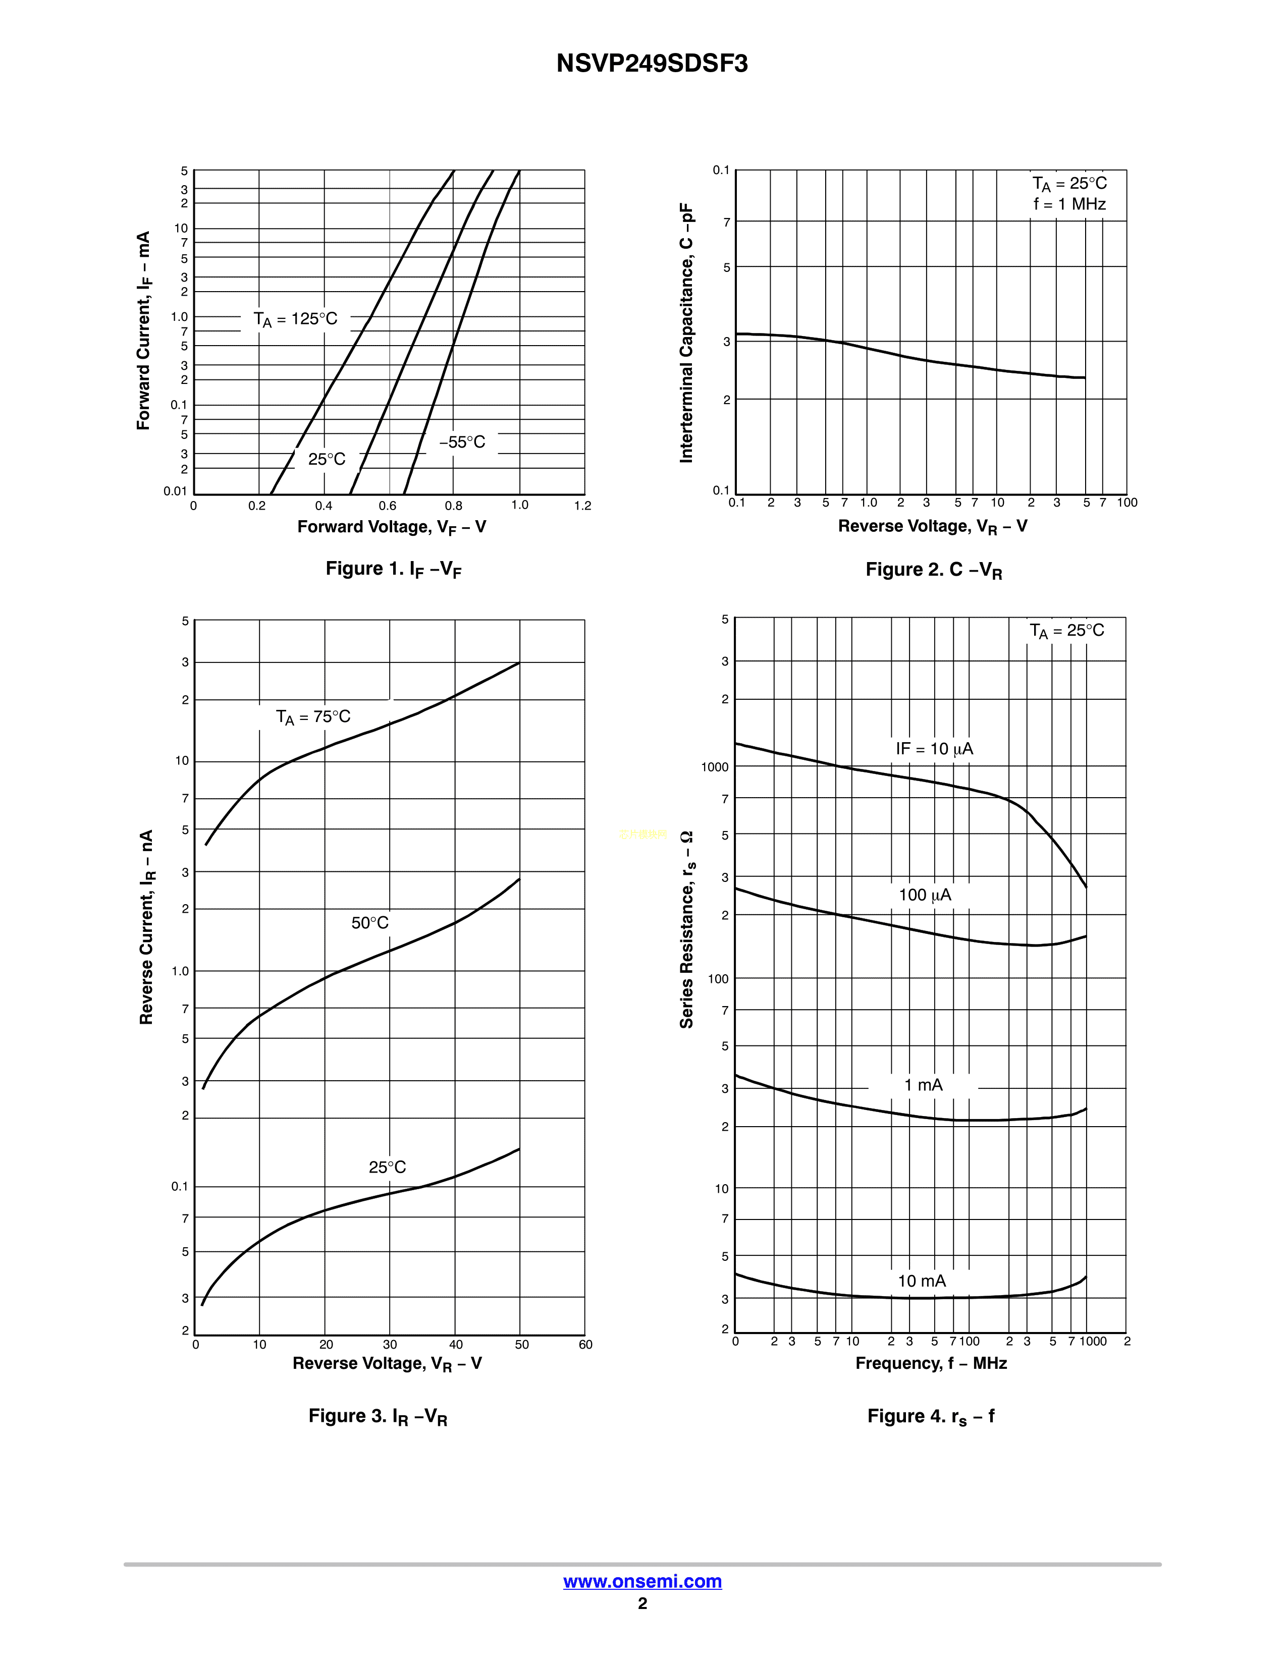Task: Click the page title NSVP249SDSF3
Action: (652, 63)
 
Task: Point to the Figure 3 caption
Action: (378, 1416)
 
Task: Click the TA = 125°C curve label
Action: (295, 319)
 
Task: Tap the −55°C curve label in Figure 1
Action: (461, 442)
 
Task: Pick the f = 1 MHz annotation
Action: (1069, 204)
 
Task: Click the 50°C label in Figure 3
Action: (370, 923)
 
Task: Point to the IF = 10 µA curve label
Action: (934, 749)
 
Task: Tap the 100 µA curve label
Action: (925, 895)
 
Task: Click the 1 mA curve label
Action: (923, 1085)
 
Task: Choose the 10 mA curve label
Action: (922, 1281)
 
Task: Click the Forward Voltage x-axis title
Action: (391, 528)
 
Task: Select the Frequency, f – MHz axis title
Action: (931, 1363)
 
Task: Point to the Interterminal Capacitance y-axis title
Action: (687, 332)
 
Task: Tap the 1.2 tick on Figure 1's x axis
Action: (582, 506)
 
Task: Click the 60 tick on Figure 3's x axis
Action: (585, 1344)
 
